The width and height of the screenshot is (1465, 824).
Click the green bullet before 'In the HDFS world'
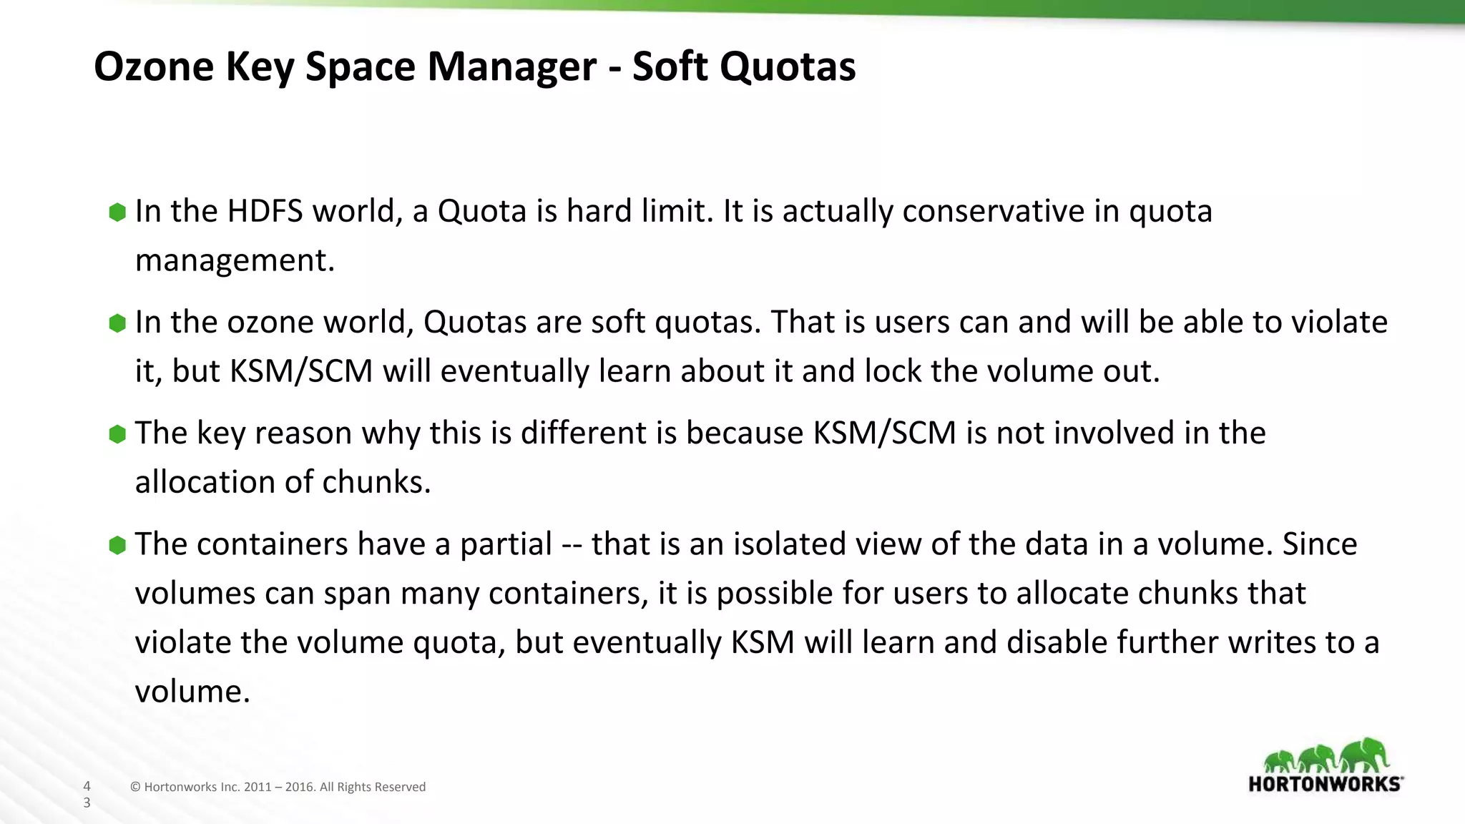pyautogui.click(x=117, y=212)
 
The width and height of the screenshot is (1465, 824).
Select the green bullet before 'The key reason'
pyautogui.click(x=117, y=433)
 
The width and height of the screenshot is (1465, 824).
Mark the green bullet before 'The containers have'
pyautogui.click(x=117, y=545)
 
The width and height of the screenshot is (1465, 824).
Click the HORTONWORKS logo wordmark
pyautogui.click(x=1325, y=784)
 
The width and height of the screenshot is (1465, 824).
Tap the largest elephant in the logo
pyautogui.click(x=1365, y=755)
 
